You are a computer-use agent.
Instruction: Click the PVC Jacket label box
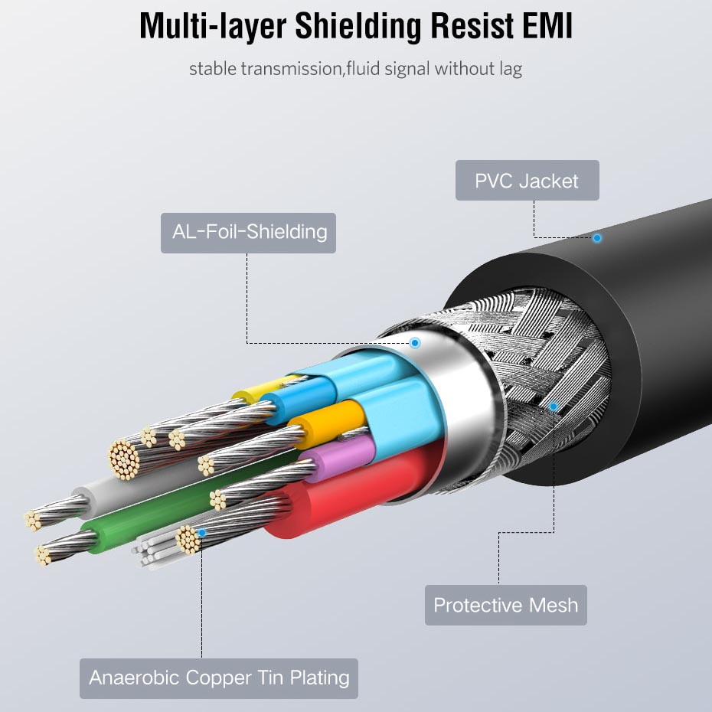pos(527,181)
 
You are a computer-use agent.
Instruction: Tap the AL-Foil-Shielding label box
pos(248,232)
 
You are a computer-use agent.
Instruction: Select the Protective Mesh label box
pos(505,605)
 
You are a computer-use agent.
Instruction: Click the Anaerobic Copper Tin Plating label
pos(219,678)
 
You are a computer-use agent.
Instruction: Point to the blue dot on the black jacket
pos(597,238)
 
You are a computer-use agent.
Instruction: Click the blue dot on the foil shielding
pos(415,341)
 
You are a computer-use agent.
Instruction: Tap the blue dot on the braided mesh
pos(554,407)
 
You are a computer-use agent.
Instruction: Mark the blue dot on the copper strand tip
pos(201,531)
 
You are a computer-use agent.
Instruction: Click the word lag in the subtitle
pos(509,69)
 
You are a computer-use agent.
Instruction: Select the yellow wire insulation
pos(253,393)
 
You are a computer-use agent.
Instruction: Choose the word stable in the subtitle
pos(213,69)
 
